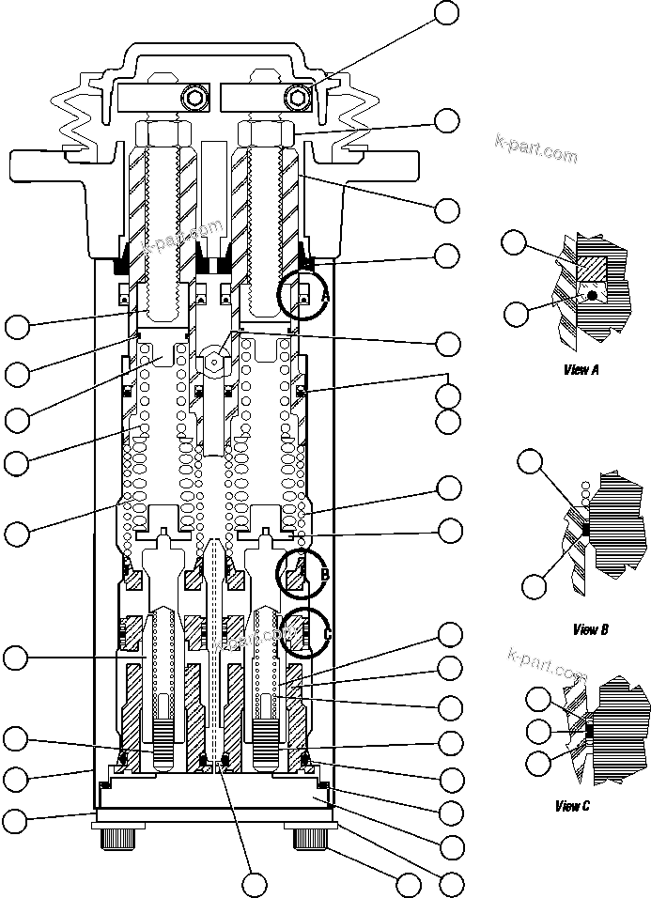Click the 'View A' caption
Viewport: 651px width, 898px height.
click(581, 370)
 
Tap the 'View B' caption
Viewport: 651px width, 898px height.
click(590, 629)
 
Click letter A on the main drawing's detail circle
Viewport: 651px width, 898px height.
click(325, 296)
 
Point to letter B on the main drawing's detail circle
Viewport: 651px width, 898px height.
click(324, 574)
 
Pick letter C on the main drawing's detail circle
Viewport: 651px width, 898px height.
click(327, 634)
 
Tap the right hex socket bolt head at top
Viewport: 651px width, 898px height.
click(300, 97)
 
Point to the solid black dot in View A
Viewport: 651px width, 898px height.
click(592, 296)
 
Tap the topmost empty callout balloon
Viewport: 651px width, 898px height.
click(447, 12)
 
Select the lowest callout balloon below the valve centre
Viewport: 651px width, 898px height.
click(255, 883)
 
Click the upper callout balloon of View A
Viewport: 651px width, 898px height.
click(514, 242)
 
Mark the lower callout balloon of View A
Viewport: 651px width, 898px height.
click(516, 314)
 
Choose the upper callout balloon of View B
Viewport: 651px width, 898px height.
click(532, 460)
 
